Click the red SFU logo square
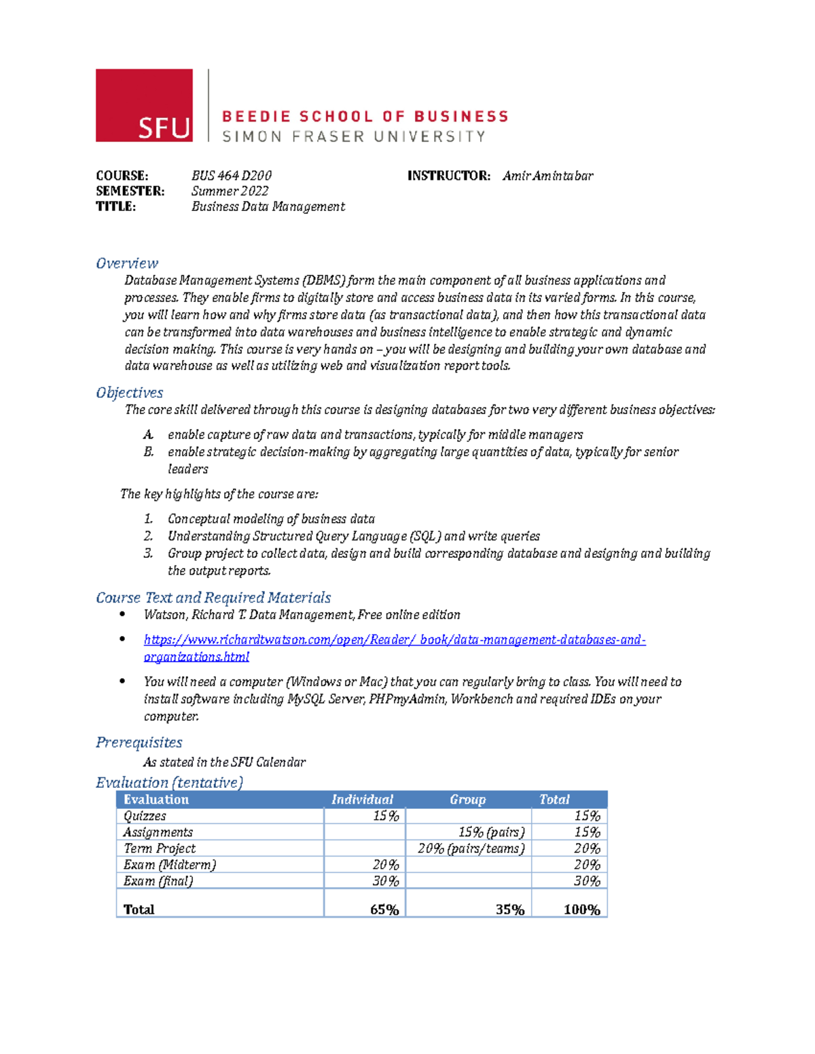[x=144, y=105]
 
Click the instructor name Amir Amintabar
[x=547, y=176]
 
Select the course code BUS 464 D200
[x=231, y=176]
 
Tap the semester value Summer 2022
[x=230, y=191]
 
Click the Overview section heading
[x=127, y=263]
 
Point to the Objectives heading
[x=130, y=393]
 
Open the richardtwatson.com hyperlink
[x=394, y=640]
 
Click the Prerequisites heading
[x=139, y=742]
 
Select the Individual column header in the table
[x=362, y=799]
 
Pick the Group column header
[x=467, y=799]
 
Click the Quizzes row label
[x=145, y=816]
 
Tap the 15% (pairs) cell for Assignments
[x=491, y=832]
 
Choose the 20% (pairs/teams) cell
[x=471, y=848]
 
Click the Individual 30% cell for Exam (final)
[x=385, y=881]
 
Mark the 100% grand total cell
[x=581, y=909]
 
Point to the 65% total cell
[x=384, y=909]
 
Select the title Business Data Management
[x=268, y=206]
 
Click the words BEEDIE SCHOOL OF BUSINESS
[x=365, y=117]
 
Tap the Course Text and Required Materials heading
[x=213, y=598]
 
